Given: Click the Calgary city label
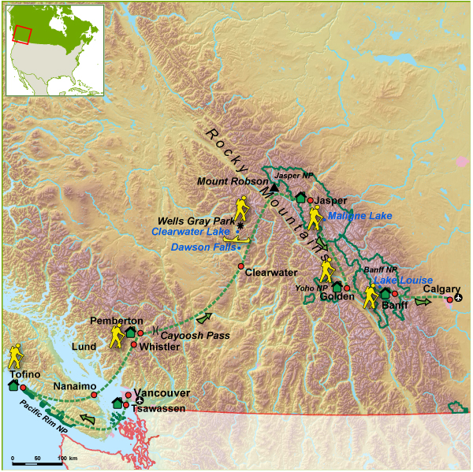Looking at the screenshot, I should [441, 289].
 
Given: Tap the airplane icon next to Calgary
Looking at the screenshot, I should [459, 298].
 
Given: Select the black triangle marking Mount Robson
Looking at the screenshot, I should [274, 188].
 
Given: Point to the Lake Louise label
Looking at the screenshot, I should [403, 280].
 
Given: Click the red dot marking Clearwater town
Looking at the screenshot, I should [241, 266].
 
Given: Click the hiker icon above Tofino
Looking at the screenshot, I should [16, 356].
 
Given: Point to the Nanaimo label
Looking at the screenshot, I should [75, 387].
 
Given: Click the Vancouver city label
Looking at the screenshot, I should [162, 392].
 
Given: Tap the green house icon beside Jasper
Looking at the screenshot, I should [300, 198].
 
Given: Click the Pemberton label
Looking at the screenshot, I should [117, 321].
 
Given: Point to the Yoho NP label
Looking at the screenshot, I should [311, 288].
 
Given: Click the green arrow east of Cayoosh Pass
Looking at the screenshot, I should [203, 318].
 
